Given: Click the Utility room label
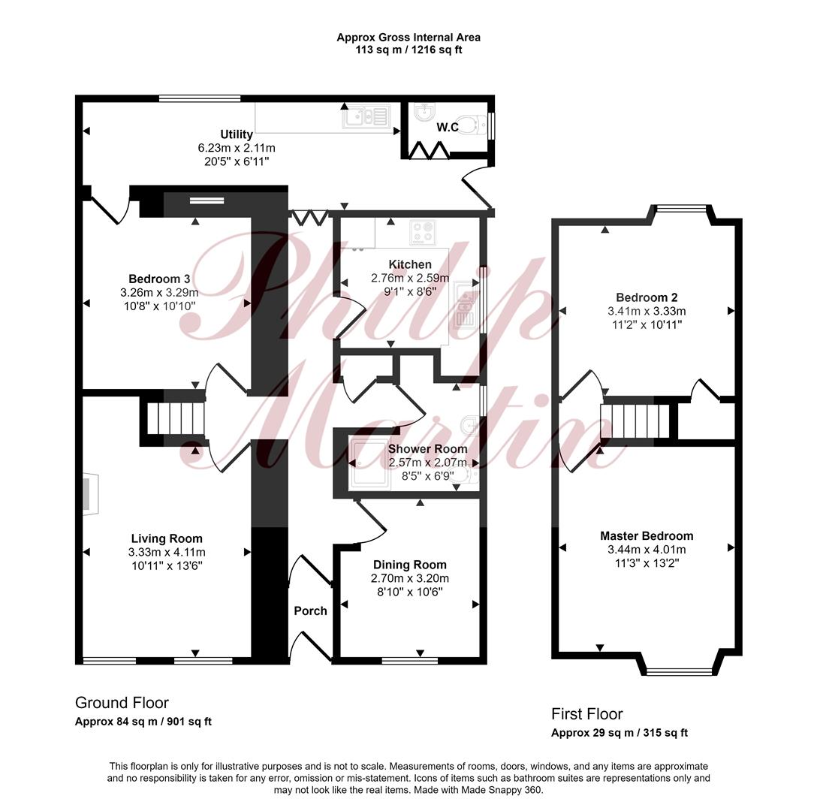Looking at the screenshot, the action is pos(237,134).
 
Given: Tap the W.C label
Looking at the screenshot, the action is pos(448,127).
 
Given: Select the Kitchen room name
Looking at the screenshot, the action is pos(410,264).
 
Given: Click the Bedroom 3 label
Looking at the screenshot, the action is pos(159,279).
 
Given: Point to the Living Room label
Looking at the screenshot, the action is pos(167,538).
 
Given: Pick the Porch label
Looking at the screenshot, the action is pos(311,611).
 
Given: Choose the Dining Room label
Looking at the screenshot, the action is pos(410,565).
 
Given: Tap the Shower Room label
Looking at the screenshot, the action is pos(428,449).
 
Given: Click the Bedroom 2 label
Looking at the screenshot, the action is pos(647,297).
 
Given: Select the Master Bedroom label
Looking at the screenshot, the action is pos(647,536).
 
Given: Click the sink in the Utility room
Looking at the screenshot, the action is pos(366,117).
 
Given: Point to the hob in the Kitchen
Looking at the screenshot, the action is pos(423,233).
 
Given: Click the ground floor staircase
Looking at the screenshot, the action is pos(174,418).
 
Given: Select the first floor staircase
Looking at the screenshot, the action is pos(635,421).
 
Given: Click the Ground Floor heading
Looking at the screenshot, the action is pos(122,703).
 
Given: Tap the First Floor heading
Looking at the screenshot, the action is pos(587,713).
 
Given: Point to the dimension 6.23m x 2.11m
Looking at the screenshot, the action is pos(237,148).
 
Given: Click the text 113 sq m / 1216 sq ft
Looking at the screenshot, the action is pos(408,50).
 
